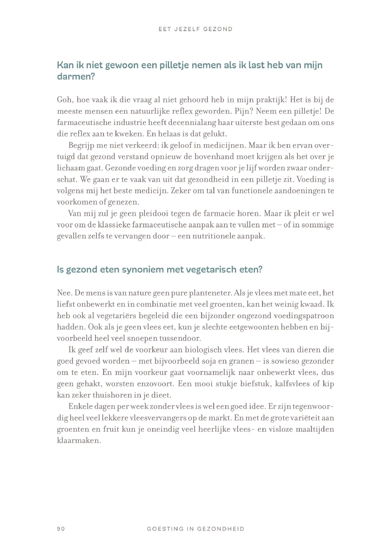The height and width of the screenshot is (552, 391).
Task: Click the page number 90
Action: point(61,529)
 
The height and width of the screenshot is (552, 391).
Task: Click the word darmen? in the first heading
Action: point(76,77)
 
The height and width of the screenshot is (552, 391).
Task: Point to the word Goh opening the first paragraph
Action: point(64,100)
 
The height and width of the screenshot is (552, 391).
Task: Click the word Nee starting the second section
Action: point(64,293)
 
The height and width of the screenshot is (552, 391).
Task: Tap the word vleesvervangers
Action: point(157,418)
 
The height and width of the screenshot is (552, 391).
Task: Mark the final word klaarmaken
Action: point(79,440)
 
